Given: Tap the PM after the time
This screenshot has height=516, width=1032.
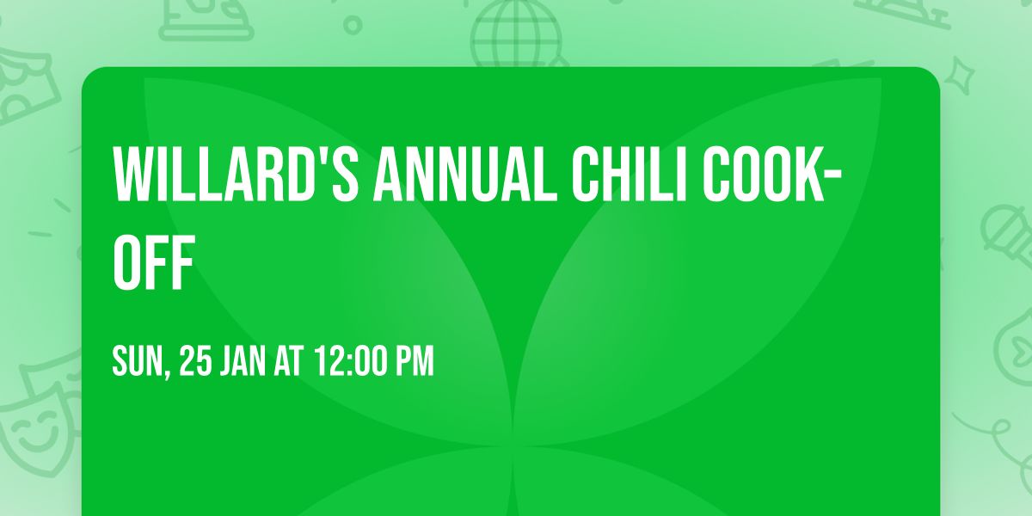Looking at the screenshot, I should (x=415, y=362).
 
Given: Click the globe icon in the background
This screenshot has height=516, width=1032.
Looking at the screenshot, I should (x=515, y=34).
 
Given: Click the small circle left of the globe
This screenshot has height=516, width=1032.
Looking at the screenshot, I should (x=353, y=25).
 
